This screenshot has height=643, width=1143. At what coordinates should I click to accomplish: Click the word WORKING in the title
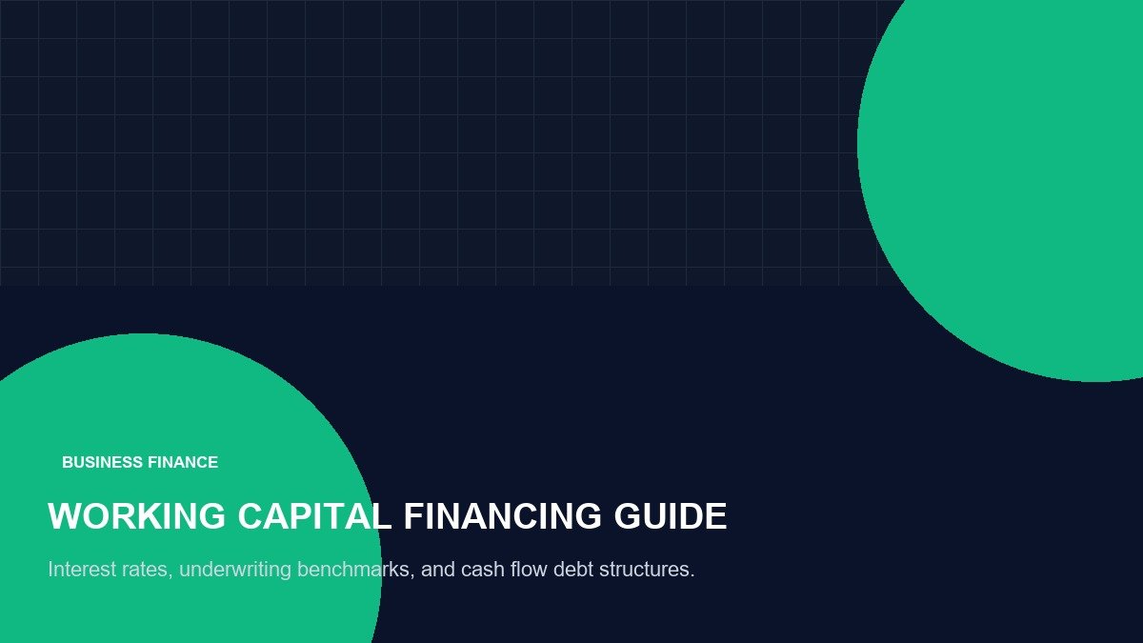[x=136, y=516]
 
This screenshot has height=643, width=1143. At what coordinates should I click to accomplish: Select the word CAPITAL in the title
[x=314, y=516]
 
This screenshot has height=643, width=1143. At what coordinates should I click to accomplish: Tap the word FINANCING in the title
[x=503, y=516]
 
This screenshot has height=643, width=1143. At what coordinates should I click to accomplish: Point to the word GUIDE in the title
[x=671, y=516]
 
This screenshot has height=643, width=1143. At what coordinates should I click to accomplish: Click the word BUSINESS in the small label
[x=102, y=462]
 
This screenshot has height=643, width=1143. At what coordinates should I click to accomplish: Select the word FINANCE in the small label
[x=183, y=462]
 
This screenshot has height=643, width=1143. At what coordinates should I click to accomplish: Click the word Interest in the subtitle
[x=82, y=569]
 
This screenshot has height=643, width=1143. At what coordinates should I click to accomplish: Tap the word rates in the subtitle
[x=145, y=571]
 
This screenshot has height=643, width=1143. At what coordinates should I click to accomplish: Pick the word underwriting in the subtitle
[x=235, y=570]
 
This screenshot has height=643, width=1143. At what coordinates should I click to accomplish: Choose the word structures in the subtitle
[x=644, y=570]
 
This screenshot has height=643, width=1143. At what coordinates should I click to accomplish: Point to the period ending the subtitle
[x=692, y=576]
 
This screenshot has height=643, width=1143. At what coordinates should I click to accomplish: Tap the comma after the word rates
[x=170, y=576]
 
